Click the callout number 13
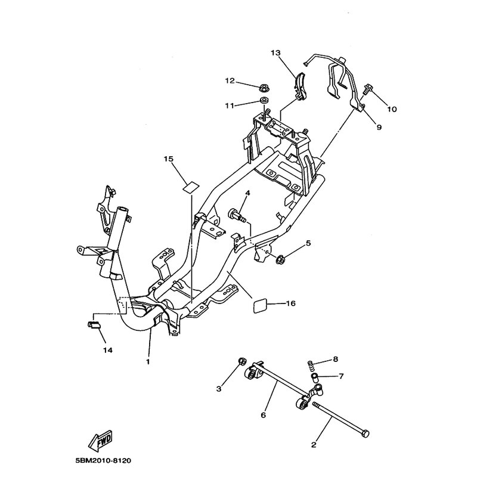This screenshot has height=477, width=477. [275, 53]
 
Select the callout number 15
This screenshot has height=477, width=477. [168, 159]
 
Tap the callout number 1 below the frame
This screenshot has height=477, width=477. [147, 361]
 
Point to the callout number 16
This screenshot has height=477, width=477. [290, 303]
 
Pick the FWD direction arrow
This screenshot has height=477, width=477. [100, 440]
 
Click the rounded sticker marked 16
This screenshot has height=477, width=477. [261, 306]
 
